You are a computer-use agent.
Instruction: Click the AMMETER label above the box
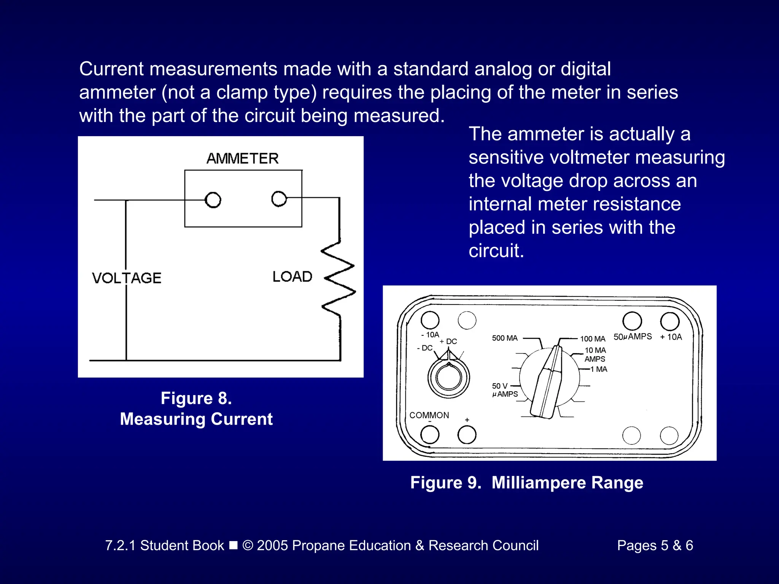click(x=243, y=158)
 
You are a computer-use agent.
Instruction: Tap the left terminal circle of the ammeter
click(x=213, y=200)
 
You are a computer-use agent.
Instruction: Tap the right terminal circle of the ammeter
click(x=279, y=199)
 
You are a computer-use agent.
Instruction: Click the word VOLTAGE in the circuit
click(x=127, y=278)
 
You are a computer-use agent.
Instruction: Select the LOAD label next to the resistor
click(x=292, y=276)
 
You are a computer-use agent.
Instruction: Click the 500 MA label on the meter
click(x=505, y=338)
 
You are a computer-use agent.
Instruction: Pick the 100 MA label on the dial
click(x=592, y=339)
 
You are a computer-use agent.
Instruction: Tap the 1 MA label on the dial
click(x=599, y=369)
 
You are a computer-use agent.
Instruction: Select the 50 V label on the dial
click(x=499, y=386)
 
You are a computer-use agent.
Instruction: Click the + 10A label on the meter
click(x=671, y=337)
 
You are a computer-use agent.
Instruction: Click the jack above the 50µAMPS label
click(x=632, y=321)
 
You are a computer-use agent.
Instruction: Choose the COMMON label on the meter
click(x=429, y=415)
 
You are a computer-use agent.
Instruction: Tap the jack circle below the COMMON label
click(x=430, y=435)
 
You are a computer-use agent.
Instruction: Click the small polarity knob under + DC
click(x=449, y=378)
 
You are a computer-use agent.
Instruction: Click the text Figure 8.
click(x=196, y=398)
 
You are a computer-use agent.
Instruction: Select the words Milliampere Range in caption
click(x=567, y=482)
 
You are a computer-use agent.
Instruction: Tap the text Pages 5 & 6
click(x=655, y=545)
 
